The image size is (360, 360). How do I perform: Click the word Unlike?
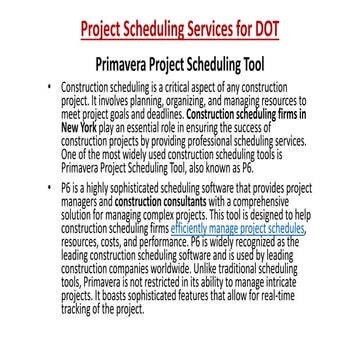[219, 299]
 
